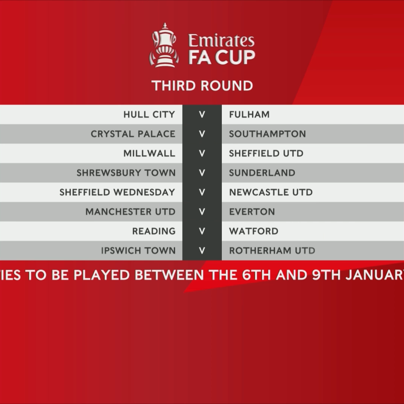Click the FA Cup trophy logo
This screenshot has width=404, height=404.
click(x=164, y=45)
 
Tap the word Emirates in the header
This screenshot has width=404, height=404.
click(x=221, y=40)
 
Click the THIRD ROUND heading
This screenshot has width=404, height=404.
click(x=202, y=86)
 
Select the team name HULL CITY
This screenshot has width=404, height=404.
click(x=149, y=114)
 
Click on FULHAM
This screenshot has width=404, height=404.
click(x=249, y=114)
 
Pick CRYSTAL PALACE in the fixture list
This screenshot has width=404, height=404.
click(x=133, y=134)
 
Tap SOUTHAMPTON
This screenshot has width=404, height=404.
click(x=267, y=134)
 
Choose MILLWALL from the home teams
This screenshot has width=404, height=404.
click(x=149, y=153)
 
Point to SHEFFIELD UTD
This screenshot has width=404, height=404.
click(x=266, y=153)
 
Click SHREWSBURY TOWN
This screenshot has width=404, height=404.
click(x=126, y=173)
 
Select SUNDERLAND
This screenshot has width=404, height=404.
click(x=262, y=173)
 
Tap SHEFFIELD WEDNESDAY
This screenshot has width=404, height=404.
click(x=117, y=192)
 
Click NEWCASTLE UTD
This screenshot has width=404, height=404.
click(x=271, y=192)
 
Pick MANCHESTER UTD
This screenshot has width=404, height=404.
click(x=131, y=212)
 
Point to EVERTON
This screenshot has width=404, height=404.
click(x=252, y=212)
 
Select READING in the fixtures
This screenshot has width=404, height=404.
click(x=154, y=231)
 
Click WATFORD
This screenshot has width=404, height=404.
click(x=254, y=231)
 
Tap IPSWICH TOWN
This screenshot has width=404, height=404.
click(x=138, y=251)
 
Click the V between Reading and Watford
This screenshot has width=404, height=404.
click(x=202, y=231)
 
